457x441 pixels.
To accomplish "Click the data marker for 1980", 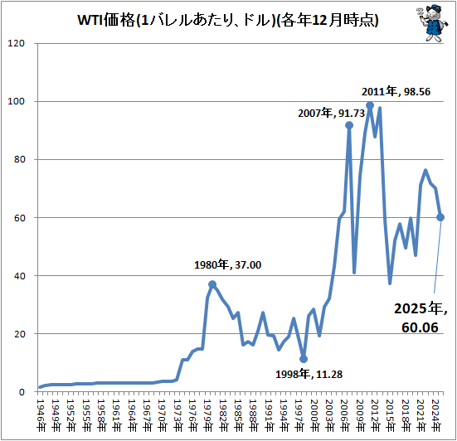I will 212,284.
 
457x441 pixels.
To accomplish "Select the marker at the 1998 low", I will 304,359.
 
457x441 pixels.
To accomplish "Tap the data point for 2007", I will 349,125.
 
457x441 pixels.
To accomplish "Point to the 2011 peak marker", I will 370,105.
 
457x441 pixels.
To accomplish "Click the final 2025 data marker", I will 440,217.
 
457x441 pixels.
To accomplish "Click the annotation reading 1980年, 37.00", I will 228,265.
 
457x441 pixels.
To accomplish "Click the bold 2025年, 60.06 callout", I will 421,318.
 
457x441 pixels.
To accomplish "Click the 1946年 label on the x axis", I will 40,412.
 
